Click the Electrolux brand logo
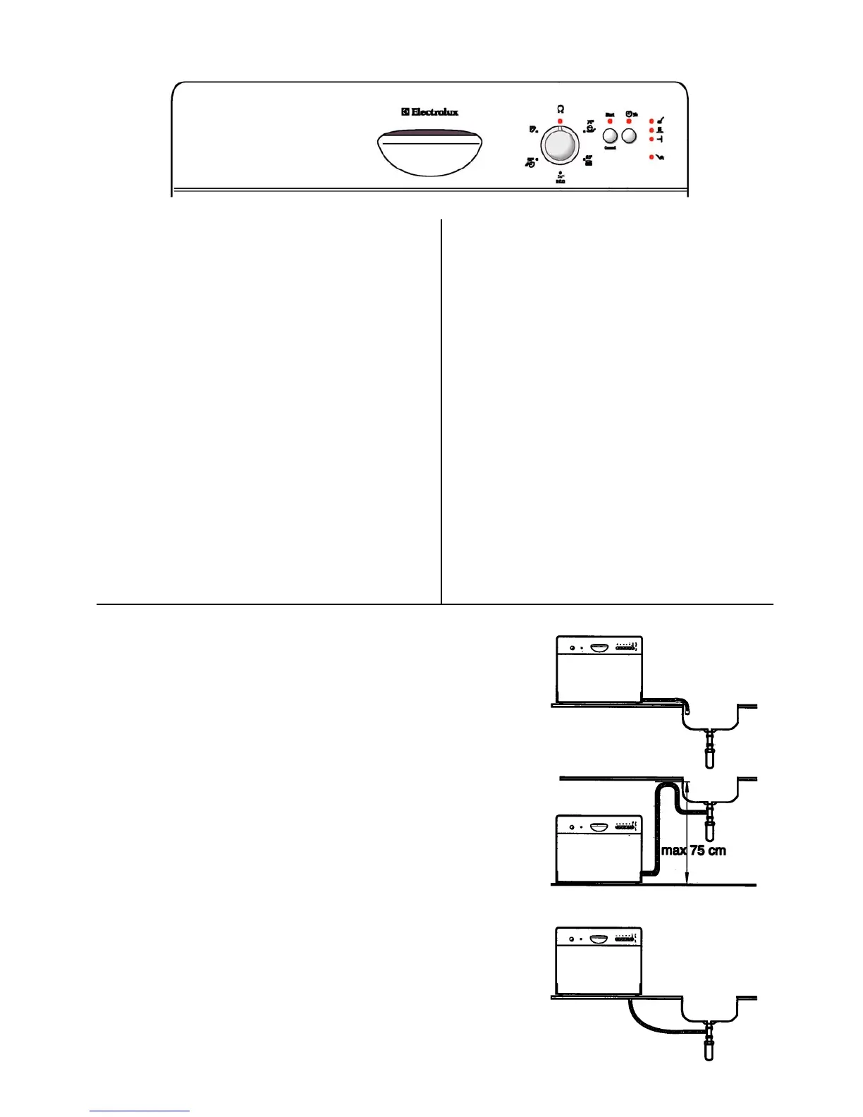coord(430,111)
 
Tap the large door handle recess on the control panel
coord(430,152)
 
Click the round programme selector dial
coord(559,146)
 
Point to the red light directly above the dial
coord(560,121)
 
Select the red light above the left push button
coord(610,121)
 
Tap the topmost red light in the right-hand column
coord(651,121)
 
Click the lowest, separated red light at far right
coord(651,157)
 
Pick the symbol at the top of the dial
coord(560,109)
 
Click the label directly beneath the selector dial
coord(560,178)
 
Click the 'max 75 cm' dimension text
coord(693,850)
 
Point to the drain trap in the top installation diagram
coord(709,752)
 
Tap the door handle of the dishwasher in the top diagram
coord(599,647)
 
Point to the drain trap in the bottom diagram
coord(709,1044)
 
